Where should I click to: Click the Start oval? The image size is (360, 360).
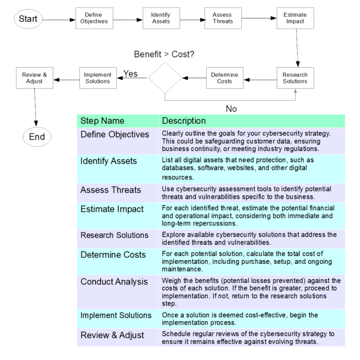28,19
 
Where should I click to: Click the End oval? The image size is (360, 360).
37,137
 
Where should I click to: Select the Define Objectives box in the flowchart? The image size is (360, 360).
94,18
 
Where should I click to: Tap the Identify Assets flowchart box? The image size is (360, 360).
161,18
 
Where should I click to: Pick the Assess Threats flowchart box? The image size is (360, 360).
223,18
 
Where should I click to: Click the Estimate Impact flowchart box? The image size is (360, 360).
295,18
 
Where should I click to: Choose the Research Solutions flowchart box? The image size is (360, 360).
295,78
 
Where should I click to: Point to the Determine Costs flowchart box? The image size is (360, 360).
225,78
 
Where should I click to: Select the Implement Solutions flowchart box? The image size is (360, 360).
97,78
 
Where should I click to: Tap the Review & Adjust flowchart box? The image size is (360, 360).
35,78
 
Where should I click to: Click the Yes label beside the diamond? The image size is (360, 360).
130,74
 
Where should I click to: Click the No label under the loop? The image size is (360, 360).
232,109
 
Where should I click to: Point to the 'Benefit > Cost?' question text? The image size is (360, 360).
164,54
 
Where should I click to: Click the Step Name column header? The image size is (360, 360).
102,121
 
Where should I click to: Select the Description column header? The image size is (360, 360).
184,121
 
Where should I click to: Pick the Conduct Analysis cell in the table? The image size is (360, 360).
114,282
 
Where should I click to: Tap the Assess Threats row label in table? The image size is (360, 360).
111,190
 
